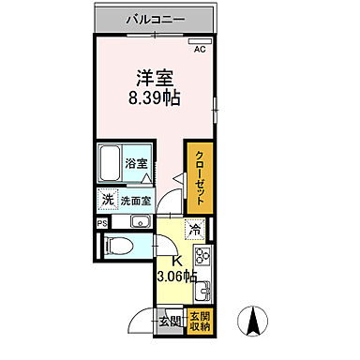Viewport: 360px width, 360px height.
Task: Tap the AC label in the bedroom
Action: pos(200,51)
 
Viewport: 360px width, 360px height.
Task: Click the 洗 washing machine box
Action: pos(108,199)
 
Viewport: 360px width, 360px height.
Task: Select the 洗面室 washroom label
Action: pos(137,199)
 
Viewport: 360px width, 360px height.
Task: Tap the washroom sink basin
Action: pos(141,221)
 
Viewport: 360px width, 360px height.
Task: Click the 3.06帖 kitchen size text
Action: pos(175,277)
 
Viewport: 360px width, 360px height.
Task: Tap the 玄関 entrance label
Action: pos(170,322)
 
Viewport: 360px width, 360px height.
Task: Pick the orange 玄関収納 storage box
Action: pos(199,321)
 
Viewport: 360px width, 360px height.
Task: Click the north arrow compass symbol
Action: pos(252,321)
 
